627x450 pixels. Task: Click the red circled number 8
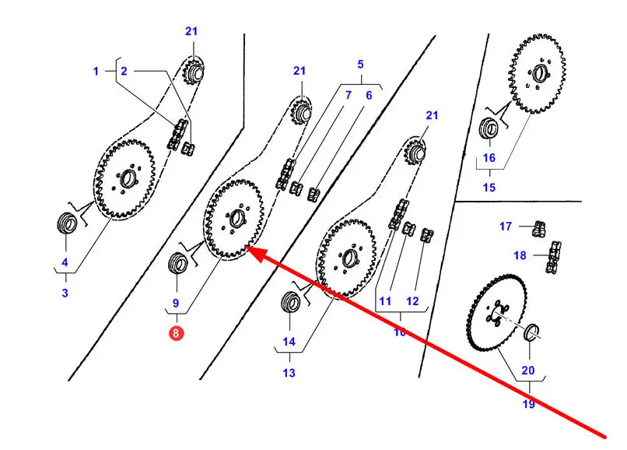[177, 334]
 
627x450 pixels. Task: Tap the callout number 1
[96, 71]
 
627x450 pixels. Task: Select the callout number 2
[123, 71]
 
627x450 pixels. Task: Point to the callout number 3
[65, 293]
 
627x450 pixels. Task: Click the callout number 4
[65, 262]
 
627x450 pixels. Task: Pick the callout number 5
[360, 64]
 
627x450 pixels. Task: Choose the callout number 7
[349, 95]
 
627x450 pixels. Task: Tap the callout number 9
[176, 303]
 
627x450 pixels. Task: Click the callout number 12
[412, 301]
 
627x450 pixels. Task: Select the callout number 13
[289, 373]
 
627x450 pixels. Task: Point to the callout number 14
[289, 342]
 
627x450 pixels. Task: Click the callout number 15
[489, 187]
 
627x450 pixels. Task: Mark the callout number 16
[489, 157]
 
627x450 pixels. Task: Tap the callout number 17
[506, 227]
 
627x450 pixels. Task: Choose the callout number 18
[520, 255]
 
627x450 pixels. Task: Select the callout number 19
[528, 404]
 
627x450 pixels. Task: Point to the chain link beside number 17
[538, 229]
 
